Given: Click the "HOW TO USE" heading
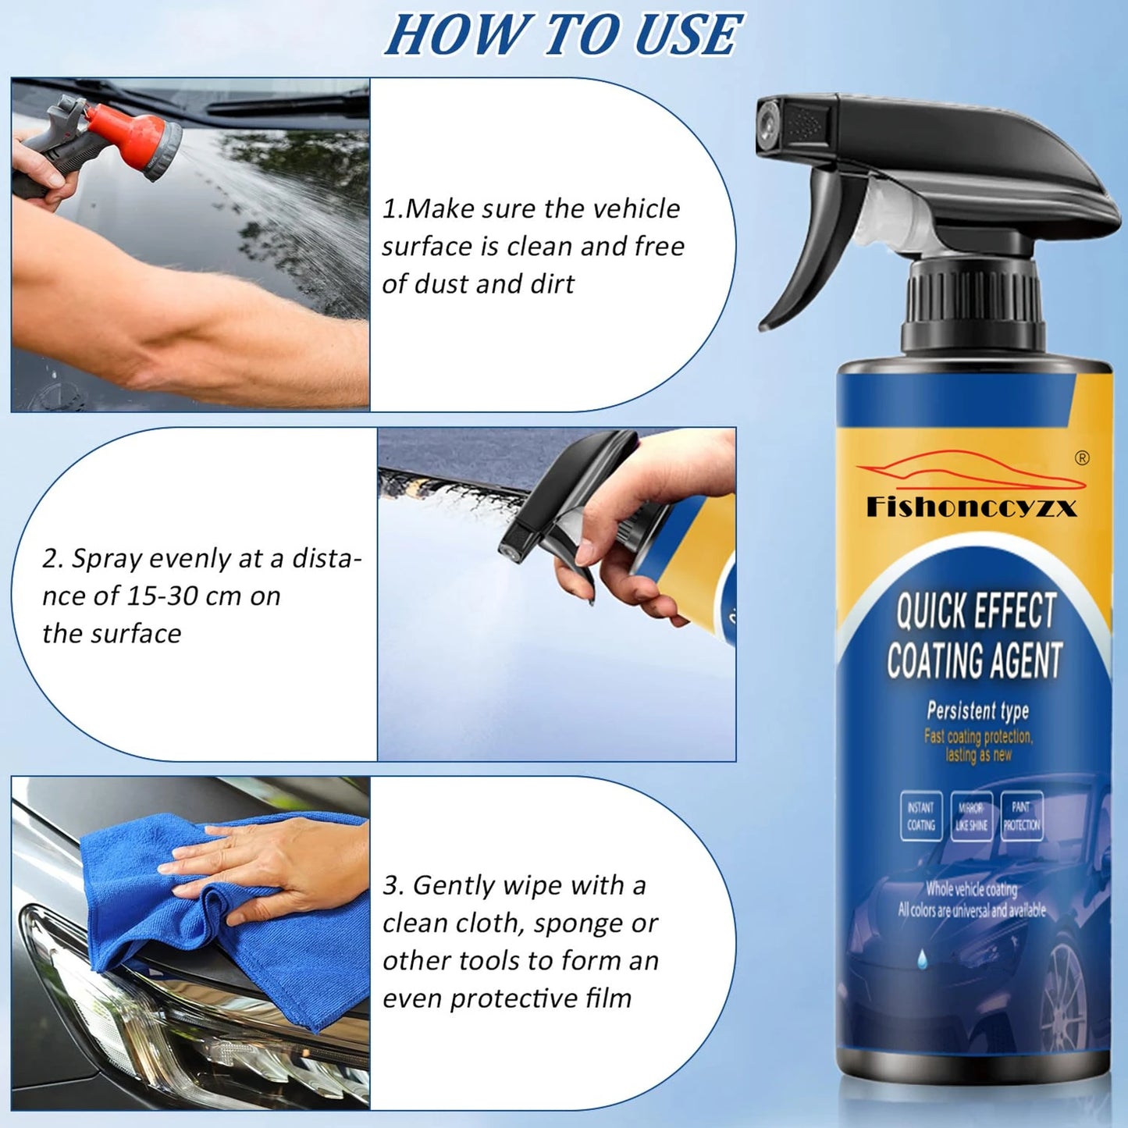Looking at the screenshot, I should point(562,36).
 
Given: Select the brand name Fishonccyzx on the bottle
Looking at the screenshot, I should point(971,508).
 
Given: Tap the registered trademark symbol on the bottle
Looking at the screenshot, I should point(1082,458).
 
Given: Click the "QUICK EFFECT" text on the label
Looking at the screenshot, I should point(975,610).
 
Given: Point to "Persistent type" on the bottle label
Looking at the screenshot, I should point(977,710).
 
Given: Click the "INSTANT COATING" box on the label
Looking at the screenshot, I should point(921,817).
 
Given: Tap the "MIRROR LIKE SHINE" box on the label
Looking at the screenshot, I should point(971,817).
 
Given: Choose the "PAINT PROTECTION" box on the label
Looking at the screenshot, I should point(1021,817).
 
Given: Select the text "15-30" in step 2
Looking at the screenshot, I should point(163,596).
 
